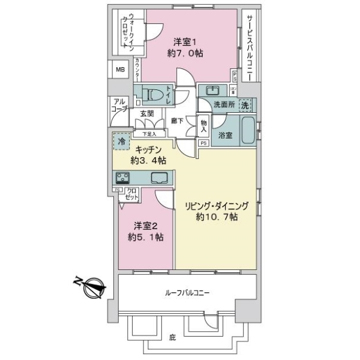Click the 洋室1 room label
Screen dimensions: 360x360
point(183,41)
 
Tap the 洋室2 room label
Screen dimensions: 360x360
point(146,226)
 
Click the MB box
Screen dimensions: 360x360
point(121,69)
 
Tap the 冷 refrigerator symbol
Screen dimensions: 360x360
point(121,143)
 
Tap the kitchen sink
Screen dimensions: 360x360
point(160,178)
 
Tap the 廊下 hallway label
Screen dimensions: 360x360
point(176,119)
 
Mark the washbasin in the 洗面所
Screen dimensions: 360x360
point(212,91)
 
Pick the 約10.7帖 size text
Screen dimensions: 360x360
point(216,217)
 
